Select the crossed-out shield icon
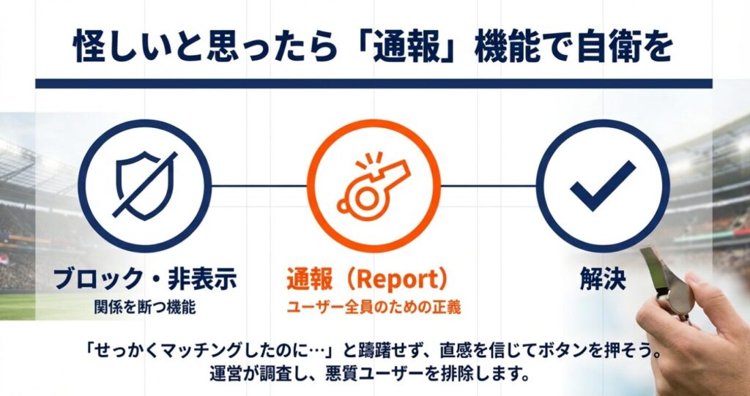coord(144,186)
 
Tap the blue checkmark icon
coord(603,186)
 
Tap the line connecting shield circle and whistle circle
coord(259,186)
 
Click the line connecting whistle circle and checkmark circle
coord(489,186)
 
